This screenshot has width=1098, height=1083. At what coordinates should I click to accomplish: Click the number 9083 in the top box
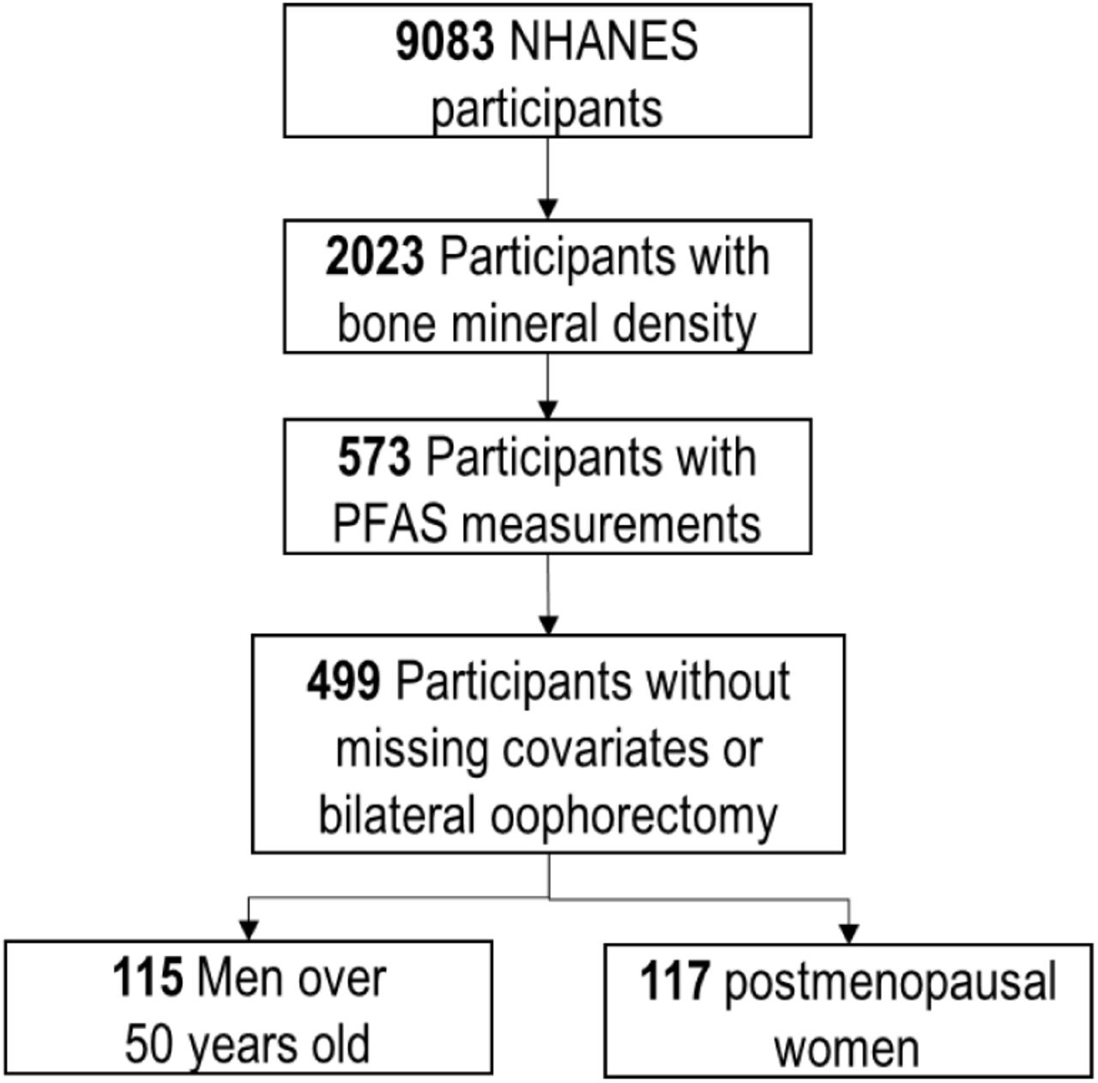click(445, 41)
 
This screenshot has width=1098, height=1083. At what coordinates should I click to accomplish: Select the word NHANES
click(603, 41)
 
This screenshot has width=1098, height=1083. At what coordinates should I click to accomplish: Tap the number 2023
click(375, 257)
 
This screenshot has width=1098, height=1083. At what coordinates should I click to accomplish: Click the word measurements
click(611, 525)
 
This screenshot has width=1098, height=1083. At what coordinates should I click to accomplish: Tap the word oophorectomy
click(634, 818)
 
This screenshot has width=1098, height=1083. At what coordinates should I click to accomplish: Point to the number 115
click(148, 977)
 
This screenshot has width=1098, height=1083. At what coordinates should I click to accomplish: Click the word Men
click(240, 977)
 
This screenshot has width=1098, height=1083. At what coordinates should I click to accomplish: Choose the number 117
click(675, 981)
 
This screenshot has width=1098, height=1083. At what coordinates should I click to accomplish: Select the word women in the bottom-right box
click(848, 1049)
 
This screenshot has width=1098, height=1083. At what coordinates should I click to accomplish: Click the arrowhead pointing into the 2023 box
click(548, 209)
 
